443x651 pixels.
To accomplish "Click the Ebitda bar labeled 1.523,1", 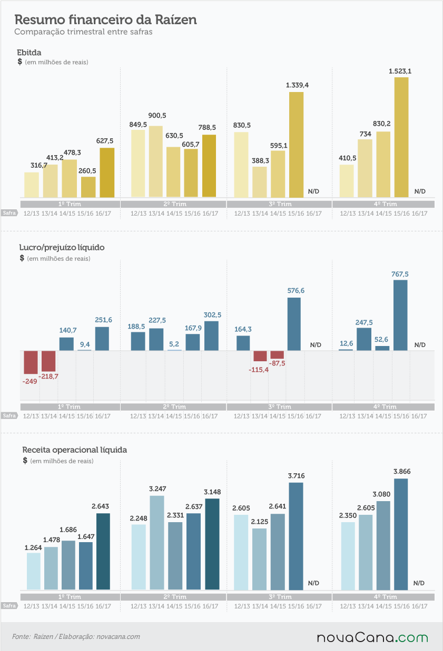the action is [x=401, y=137].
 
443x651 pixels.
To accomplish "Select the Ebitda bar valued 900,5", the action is [x=156, y=161].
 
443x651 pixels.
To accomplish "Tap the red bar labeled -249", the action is [x=31, y=362].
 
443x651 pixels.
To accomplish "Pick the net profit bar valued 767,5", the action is [x=400, y=316].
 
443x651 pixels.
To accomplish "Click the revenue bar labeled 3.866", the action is [x=401, y=534].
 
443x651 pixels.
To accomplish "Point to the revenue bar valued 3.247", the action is [x=157, y=543].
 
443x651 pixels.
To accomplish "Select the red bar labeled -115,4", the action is [x=260, y=356].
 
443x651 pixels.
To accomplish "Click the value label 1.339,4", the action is [x=297, y=85].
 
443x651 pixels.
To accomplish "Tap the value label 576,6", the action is [x=296, y=291].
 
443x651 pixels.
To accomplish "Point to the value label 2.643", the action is [x=100, y=506].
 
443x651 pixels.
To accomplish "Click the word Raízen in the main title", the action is [x=175, y=20].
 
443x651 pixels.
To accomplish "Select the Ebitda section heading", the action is [x=29, y=53].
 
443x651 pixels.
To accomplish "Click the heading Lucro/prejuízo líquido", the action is [x=62, y=247].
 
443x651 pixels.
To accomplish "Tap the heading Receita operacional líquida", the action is [x=74, y=450].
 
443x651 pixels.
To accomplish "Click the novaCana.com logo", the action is [x=372, y=638].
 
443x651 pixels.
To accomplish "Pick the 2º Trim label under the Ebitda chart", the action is [x=175, y=204].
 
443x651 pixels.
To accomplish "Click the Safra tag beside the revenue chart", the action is [x=9, y=606].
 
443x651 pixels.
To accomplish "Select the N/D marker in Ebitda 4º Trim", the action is [x=420, y=191].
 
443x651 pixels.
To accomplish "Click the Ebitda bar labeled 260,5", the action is [x=88, y=187].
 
